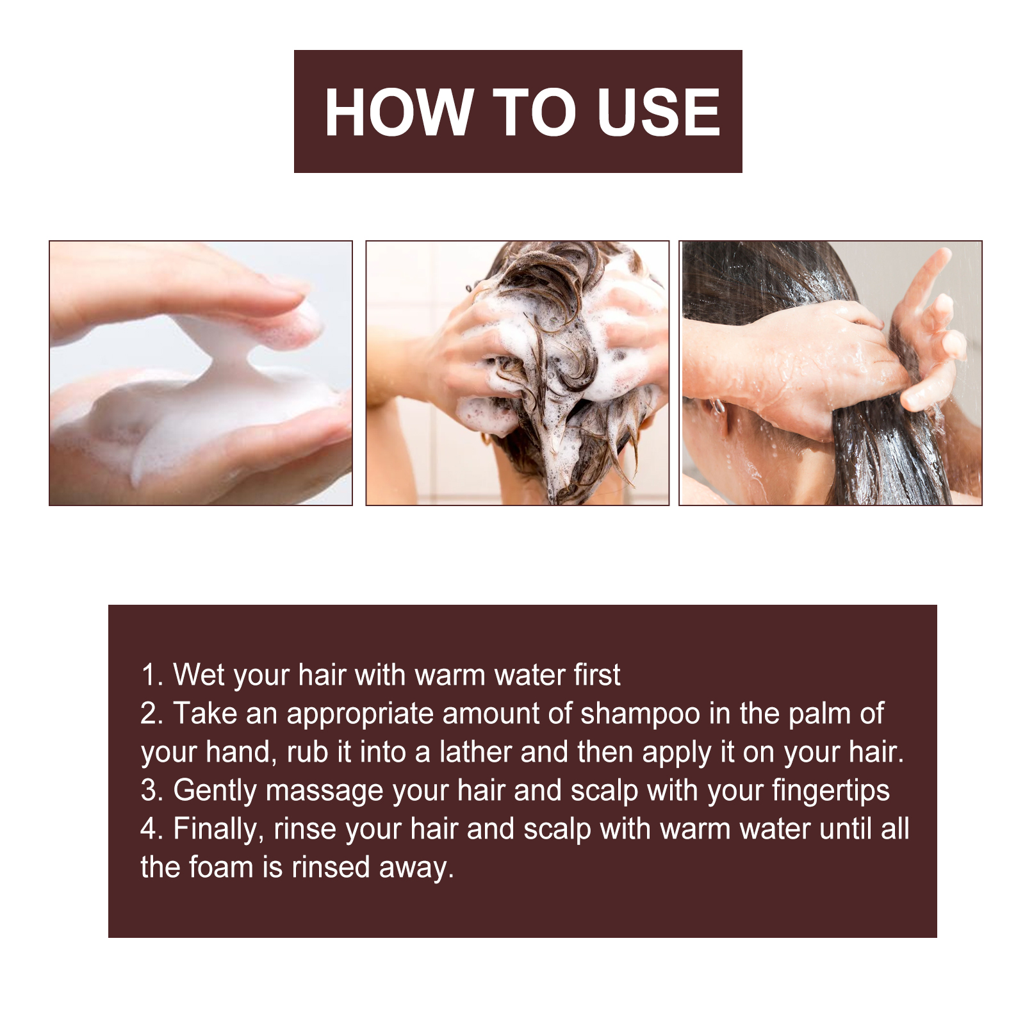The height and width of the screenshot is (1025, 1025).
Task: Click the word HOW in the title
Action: click(398, 112)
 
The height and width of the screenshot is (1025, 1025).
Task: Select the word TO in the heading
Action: click(534, 112)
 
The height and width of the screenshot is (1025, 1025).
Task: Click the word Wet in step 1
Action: click(199, 676)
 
